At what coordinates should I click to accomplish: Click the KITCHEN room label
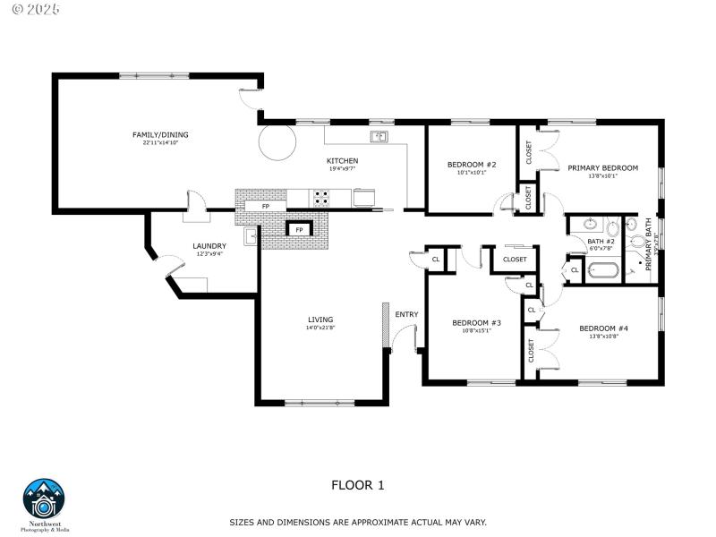(x=342, y=161)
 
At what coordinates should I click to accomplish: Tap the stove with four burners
(x=320, y=198)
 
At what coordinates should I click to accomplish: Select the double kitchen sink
(x=379, y=137)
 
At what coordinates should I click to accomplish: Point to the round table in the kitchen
(x=277, y=142)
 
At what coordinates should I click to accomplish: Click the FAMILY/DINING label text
(x=160, y=135)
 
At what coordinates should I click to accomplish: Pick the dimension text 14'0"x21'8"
(x=320, y=328)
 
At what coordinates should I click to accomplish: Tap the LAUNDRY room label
(x=209, y=246)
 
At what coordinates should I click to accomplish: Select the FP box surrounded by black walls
(x=297, y=230)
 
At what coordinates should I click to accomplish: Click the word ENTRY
(x=406, y=314)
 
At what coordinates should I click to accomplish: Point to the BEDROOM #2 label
(x=472, y=165)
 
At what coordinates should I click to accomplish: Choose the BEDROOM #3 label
(x=476, y=322)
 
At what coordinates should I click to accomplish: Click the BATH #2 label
(x=601, y=242)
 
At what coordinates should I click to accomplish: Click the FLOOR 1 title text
(x=357, y=486)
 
